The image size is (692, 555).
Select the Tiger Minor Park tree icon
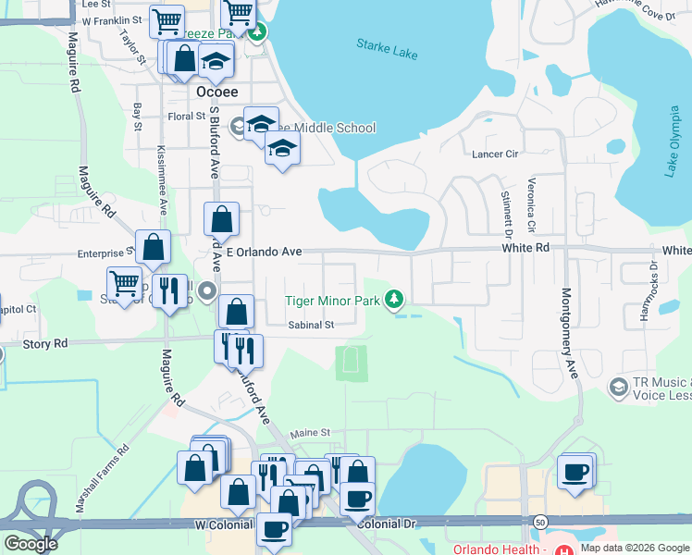pyautogui.click(x=395, y=299)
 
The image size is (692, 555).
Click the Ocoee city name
pyautogui.click(x=217, y=92)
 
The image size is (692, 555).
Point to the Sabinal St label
pyautogui.click(x=310, y=325)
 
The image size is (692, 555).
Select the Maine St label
pyautogui.click(x=311, y=433)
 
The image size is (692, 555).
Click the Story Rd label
pyautogui.click(x=46, y=343)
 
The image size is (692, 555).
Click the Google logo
pyautogui.click(x=31, y=543)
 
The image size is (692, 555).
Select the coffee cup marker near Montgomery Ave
pyautogui.click(x=575, y=472)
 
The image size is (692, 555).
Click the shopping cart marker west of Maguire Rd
pyautogui.click(x=124, y=282)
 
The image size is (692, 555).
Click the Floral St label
pyautogui.click(x=186, y=117)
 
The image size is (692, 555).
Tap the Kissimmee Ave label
pyautogui.click(x=161, y=175)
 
